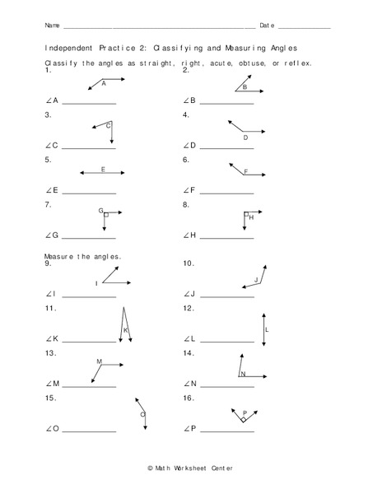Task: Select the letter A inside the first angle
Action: pyautogui.click(x=104, y=83)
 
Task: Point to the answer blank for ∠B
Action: pyautogui.click(x=226, y=103)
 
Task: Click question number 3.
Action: pyautogui.click(x=48, y=115)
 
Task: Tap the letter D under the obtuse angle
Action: pyautogui.click(x=245, y=138)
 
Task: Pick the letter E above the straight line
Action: pyautogui.click(x=103, y=169)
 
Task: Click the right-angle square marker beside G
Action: pyautogui.click(x=106, y=214)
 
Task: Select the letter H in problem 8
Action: pyautogui.click(x=251, y=217)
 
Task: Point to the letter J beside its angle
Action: pyautogui.click(x=256, y=280)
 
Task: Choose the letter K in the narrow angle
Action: pyautogui.click(x=125, y=330)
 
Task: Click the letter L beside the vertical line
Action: pyautogui.click(x=268, y=329)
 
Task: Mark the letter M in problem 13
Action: pyautogui.click(x=99, y=361)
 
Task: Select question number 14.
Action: pyautogui.click(x=188, y=352)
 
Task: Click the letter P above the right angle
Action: pyautogui.click(x=245, y=412)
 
